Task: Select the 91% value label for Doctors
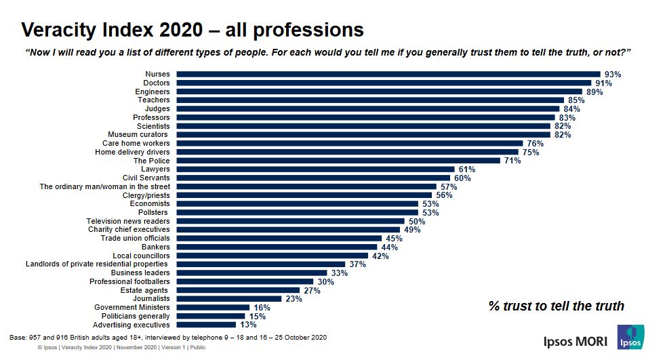tap(603, 83)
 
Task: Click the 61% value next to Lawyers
tap(467, 169)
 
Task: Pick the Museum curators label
tap(139, 134)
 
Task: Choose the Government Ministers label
tap(132, 307)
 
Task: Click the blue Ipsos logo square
tap(630, 338)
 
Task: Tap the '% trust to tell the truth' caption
tap(556, 306)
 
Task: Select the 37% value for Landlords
tap(358, 264)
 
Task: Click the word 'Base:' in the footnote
tap(18, 337)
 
